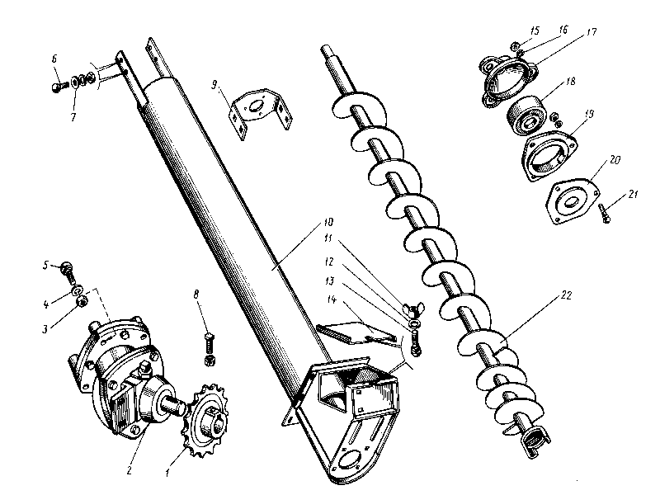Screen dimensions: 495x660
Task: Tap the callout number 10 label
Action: click(x=329, y=222)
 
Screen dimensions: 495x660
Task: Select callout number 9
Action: click(x=214, y=84)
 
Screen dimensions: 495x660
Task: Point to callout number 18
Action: click(x=569, y=82)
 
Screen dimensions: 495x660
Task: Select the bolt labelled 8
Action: click(x=209, y=346)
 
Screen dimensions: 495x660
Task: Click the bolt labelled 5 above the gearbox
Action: click(x=70, y=267)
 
